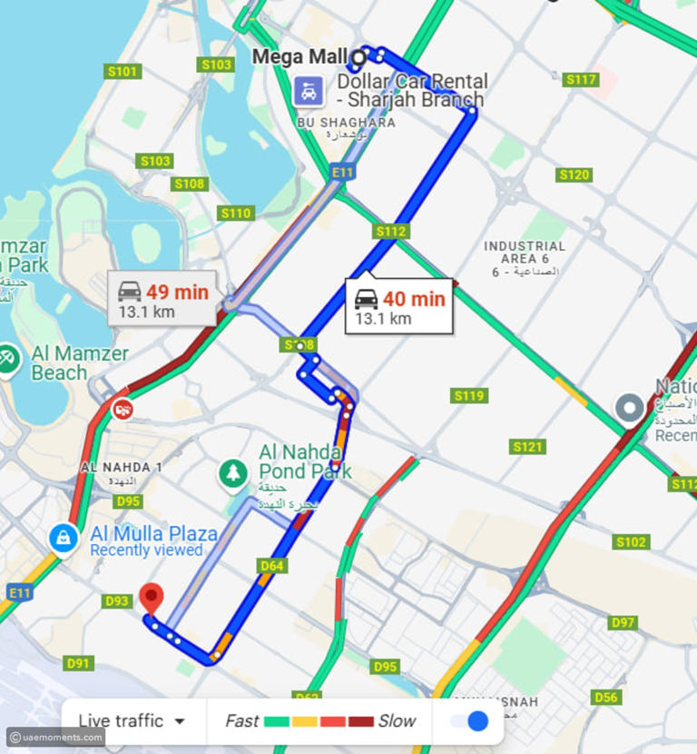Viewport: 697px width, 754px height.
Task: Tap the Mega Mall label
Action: click(299, 56)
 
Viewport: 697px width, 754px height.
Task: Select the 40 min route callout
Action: click(398, 306)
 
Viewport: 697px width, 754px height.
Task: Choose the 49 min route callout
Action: click(162, 299)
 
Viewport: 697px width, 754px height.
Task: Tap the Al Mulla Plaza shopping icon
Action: click(63, 537)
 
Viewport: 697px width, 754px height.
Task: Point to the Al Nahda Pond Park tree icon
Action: click(234, 471)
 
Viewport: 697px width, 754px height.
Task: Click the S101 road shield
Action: click(123, 71)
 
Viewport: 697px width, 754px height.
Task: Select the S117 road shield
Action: click(581, 80)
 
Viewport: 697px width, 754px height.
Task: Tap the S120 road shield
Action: click(574, 174)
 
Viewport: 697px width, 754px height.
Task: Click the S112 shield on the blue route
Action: click(390, 232)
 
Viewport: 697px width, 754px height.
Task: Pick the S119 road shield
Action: click(469, 395)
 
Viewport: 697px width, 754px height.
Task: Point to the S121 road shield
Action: click(527, 446)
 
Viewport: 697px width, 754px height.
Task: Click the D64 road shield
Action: click(272, 566)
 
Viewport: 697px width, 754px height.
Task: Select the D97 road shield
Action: click(623, 622)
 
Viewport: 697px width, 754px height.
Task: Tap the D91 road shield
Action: click(79, 663)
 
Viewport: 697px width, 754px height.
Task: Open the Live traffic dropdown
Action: click(132, 721)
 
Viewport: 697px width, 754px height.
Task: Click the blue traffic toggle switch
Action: click(470, 721)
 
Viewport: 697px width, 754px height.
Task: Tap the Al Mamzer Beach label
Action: click(80, 362)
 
